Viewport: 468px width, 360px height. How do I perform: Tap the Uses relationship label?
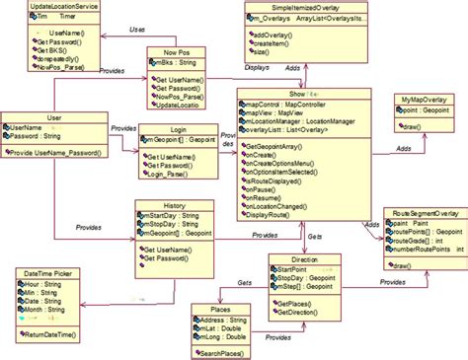click(137, 31)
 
